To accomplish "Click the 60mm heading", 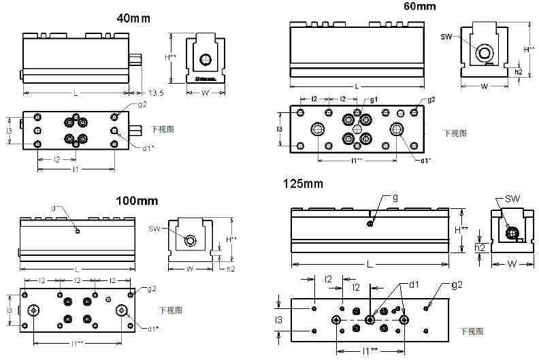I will click(419, 7).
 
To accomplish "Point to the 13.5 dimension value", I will click(156, 93).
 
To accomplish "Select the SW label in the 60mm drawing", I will click(446, 36).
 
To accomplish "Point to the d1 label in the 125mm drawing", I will click(414, 284).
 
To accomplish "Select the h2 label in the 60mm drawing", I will click(519, 71).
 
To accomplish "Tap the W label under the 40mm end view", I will click(204, 93).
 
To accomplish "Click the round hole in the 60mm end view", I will click(485, 53).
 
